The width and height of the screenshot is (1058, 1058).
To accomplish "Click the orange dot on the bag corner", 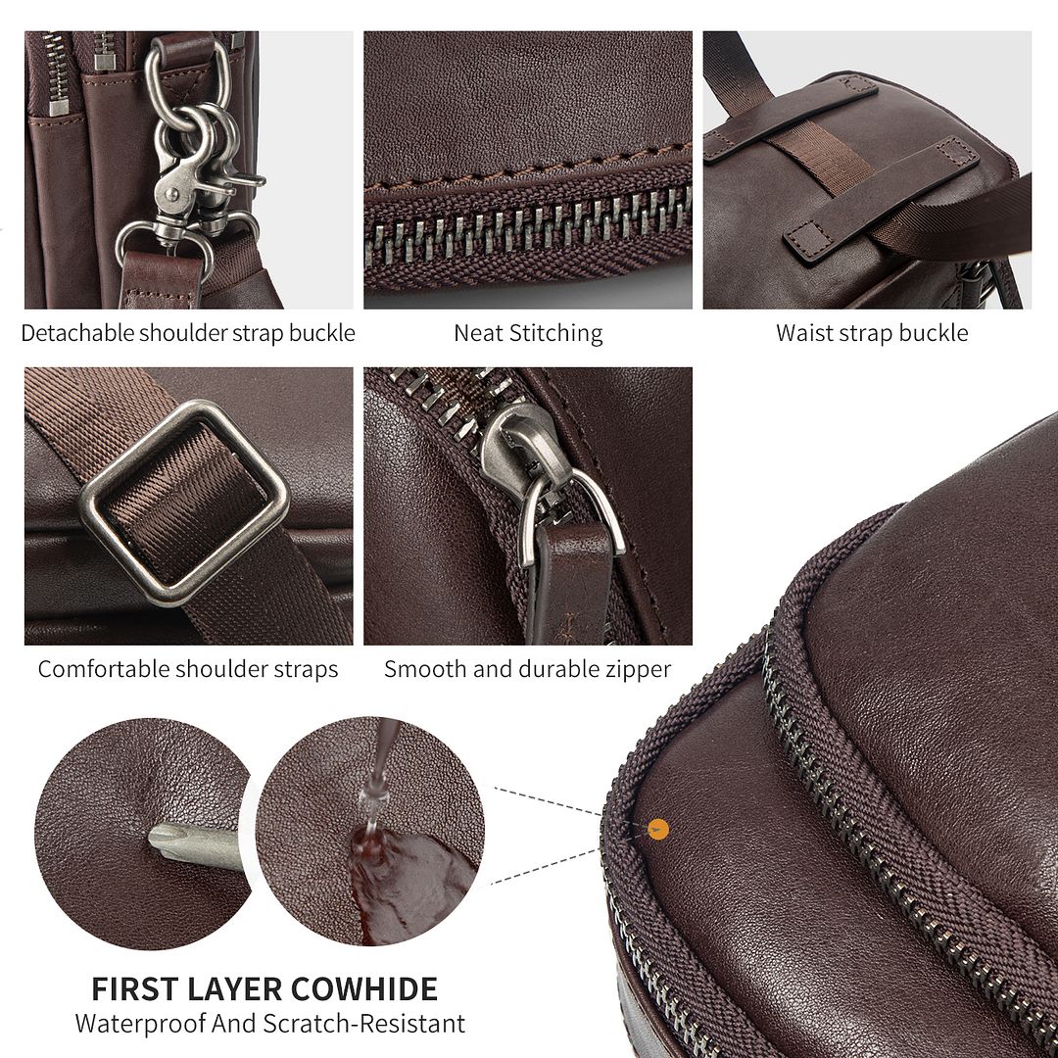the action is (x=658, y=830).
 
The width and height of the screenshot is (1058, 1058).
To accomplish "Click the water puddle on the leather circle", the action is (x=409, y=885).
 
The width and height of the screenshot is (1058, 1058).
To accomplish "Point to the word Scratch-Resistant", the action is (x=364, y=1024).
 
